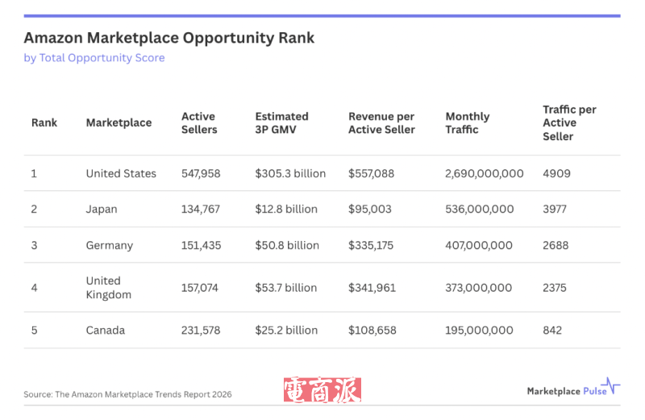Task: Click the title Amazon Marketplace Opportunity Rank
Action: [x=169, y=38]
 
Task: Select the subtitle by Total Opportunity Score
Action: [x=94, y=58]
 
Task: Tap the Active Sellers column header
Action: [x=199, y=123]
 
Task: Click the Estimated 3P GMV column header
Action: [x=282, y=123]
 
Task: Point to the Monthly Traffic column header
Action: [x=468, y=123]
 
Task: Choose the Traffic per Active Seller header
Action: [x=569, y=123]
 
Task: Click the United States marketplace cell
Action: [x=121, y=173]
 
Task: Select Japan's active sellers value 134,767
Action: [x=201, y=209]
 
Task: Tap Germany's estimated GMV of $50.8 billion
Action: [x=287, y=245]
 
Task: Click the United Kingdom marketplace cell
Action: [x=108, y=288]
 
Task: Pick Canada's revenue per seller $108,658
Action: [x=372, y=331]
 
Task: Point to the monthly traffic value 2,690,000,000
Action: [x=484, y=173]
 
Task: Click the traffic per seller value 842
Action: [x=552, y=331]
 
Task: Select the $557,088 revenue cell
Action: [x=371, y=173]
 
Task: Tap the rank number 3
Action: [x=35, y=245]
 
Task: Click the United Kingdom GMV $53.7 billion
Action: [x=287, y=288]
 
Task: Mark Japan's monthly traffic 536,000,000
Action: [x=479, y=209]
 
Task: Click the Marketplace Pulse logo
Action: [x=573, y=389]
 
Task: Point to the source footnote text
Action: [x=127, y=394]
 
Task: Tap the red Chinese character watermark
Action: [x=322, y=391]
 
